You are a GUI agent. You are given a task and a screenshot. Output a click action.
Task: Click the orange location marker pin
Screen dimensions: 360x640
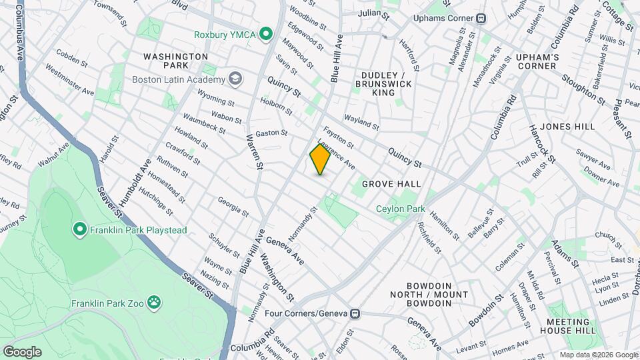point(320,159)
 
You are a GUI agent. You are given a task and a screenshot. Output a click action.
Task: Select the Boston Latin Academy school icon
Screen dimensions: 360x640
point(235,79)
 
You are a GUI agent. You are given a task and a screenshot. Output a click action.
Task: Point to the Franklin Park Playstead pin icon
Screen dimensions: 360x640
point(80,230)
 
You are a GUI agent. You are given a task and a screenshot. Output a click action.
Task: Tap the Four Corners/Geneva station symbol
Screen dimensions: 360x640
point(355,313)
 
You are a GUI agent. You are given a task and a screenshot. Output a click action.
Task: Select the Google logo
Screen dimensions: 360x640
point(21,351)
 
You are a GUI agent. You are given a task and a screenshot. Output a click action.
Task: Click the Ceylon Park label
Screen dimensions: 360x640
point(400,209)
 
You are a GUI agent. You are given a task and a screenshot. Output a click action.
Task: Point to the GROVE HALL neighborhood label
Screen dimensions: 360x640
point(391,183)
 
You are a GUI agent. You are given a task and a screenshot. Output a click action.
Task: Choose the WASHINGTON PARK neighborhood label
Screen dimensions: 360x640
point(176,62)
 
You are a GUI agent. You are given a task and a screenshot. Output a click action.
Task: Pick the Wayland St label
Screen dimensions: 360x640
point(361,122)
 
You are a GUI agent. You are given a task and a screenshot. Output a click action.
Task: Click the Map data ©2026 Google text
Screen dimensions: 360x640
point(598,355)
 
